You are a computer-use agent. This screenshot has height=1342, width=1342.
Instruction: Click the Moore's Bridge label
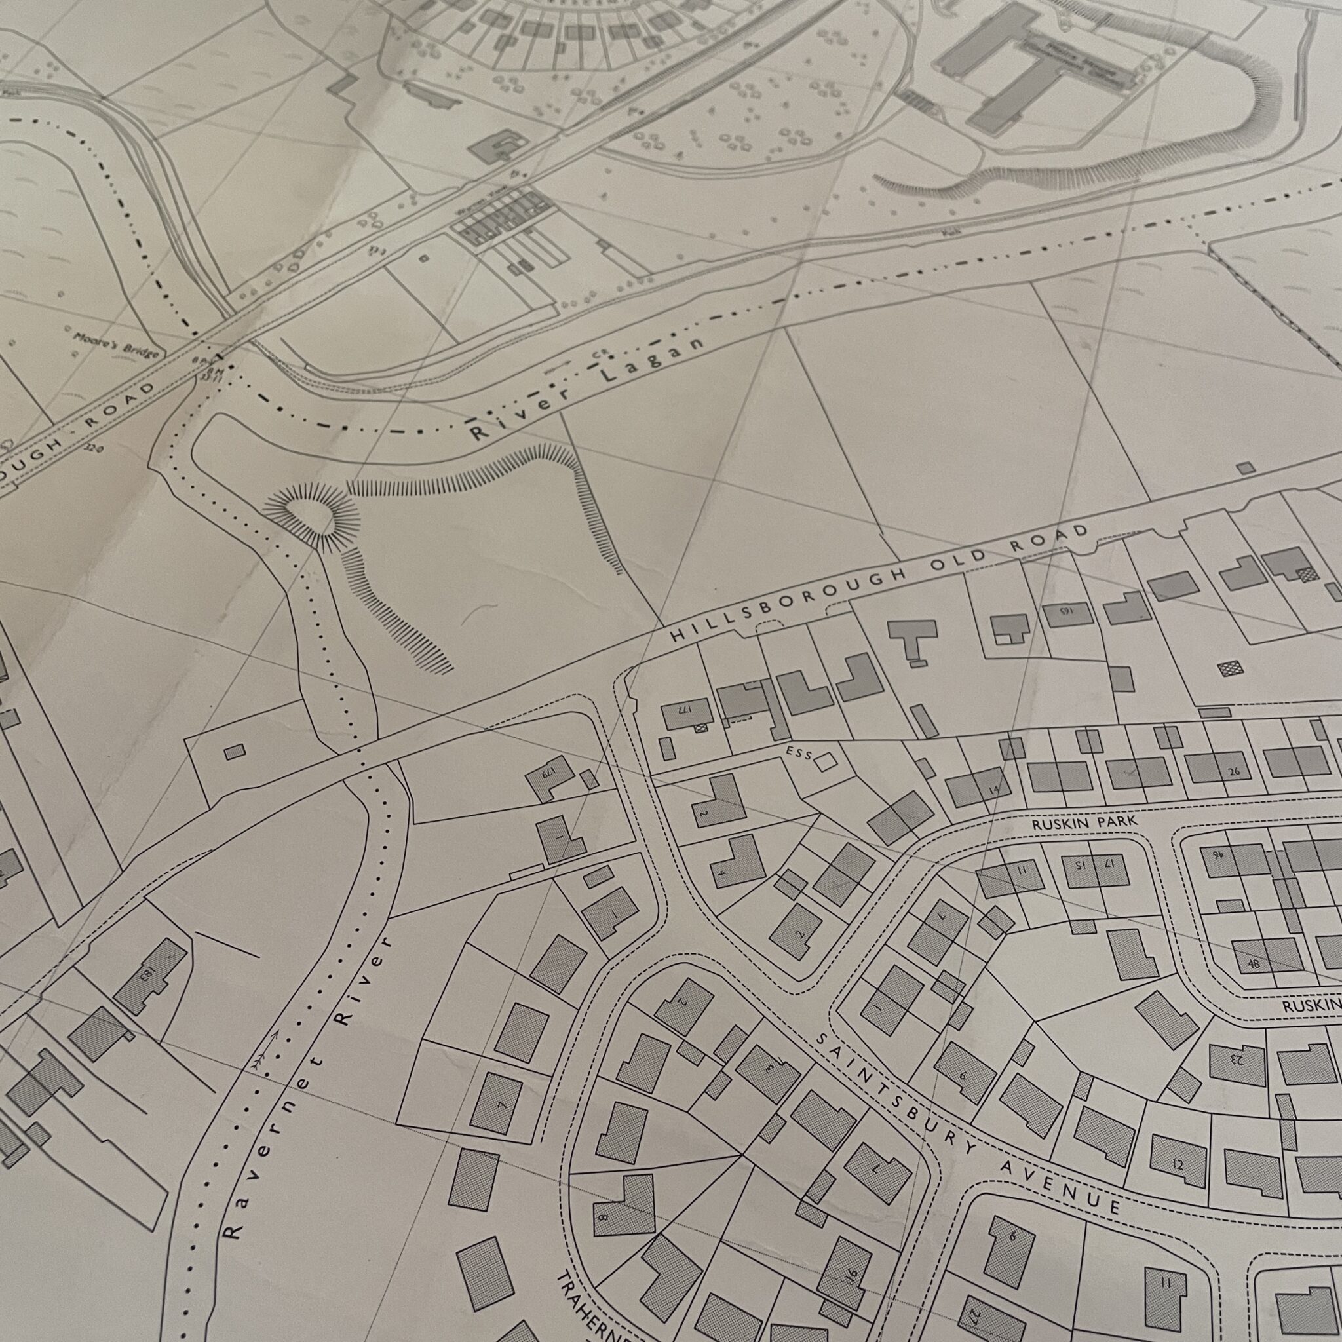[116, 345]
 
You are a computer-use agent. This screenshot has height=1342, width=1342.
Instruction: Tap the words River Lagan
[588, 389]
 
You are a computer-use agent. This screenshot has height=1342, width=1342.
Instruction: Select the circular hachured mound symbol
[312, 516]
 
